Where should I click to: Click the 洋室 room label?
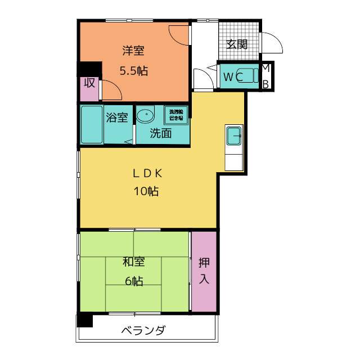[x=133, y=51]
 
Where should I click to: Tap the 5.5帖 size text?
[x=133, y=71]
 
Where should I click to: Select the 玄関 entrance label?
[x=237, y=44]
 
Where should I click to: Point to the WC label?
[x=232, y=77]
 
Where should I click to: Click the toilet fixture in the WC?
[x=253, y=76]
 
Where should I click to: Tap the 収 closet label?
[x=89, y=83]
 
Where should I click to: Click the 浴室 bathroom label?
[x=116, y=118]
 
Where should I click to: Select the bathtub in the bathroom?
[x=92, y=125]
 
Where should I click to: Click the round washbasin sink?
[x=145, y=115]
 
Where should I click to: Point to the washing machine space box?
[x=175, y=115]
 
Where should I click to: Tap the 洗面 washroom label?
[x=160, y=133]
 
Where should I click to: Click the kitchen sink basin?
[x=234, y=136]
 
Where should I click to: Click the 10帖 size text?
[x=146, y=191]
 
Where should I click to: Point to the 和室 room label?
[x=133, y=262]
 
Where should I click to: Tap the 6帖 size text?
[x=133, y=281]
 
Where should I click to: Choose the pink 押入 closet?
[x=204, y=271]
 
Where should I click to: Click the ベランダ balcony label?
[x=143, y=330]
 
